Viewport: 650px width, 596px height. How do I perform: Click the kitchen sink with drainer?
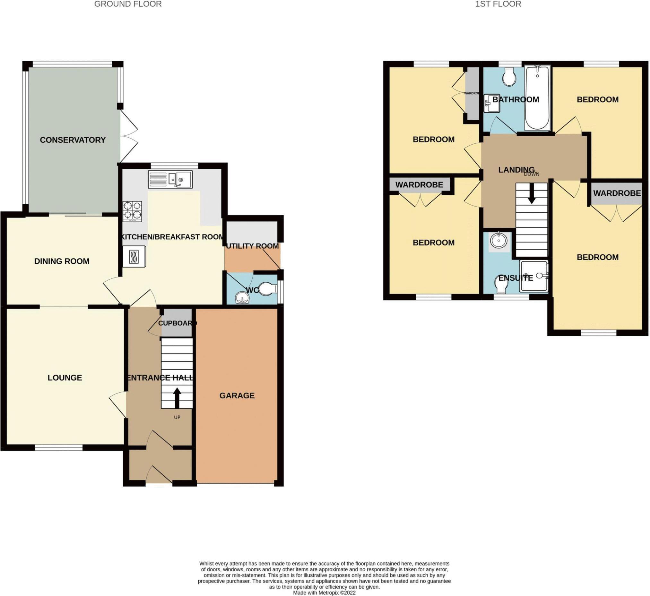coord(170,180)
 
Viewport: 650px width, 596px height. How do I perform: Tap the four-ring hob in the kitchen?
coord(132,211)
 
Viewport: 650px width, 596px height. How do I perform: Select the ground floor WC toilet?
coord(268,289)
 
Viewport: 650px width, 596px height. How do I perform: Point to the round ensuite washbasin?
coord(498,240)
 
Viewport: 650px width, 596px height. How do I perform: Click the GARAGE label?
coord(237,396)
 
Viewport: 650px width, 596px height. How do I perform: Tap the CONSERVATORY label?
coord(73,140)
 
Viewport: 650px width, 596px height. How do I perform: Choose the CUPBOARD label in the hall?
coord(177,323)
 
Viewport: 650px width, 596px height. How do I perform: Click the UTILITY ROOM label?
coord(252,246)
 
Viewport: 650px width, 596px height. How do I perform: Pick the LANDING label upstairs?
coord(516,170)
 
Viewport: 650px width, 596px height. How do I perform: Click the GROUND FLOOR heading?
coord(128,4)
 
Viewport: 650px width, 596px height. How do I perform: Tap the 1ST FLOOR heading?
coord(498,4)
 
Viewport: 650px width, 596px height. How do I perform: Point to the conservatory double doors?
coord(128,135)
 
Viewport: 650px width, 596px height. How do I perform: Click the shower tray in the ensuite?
coord(533,277)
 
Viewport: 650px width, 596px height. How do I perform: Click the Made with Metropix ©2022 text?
coord(324,592)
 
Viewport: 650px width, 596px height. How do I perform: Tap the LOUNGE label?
coord(65,378)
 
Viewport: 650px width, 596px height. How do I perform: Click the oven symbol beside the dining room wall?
coord(134,257)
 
